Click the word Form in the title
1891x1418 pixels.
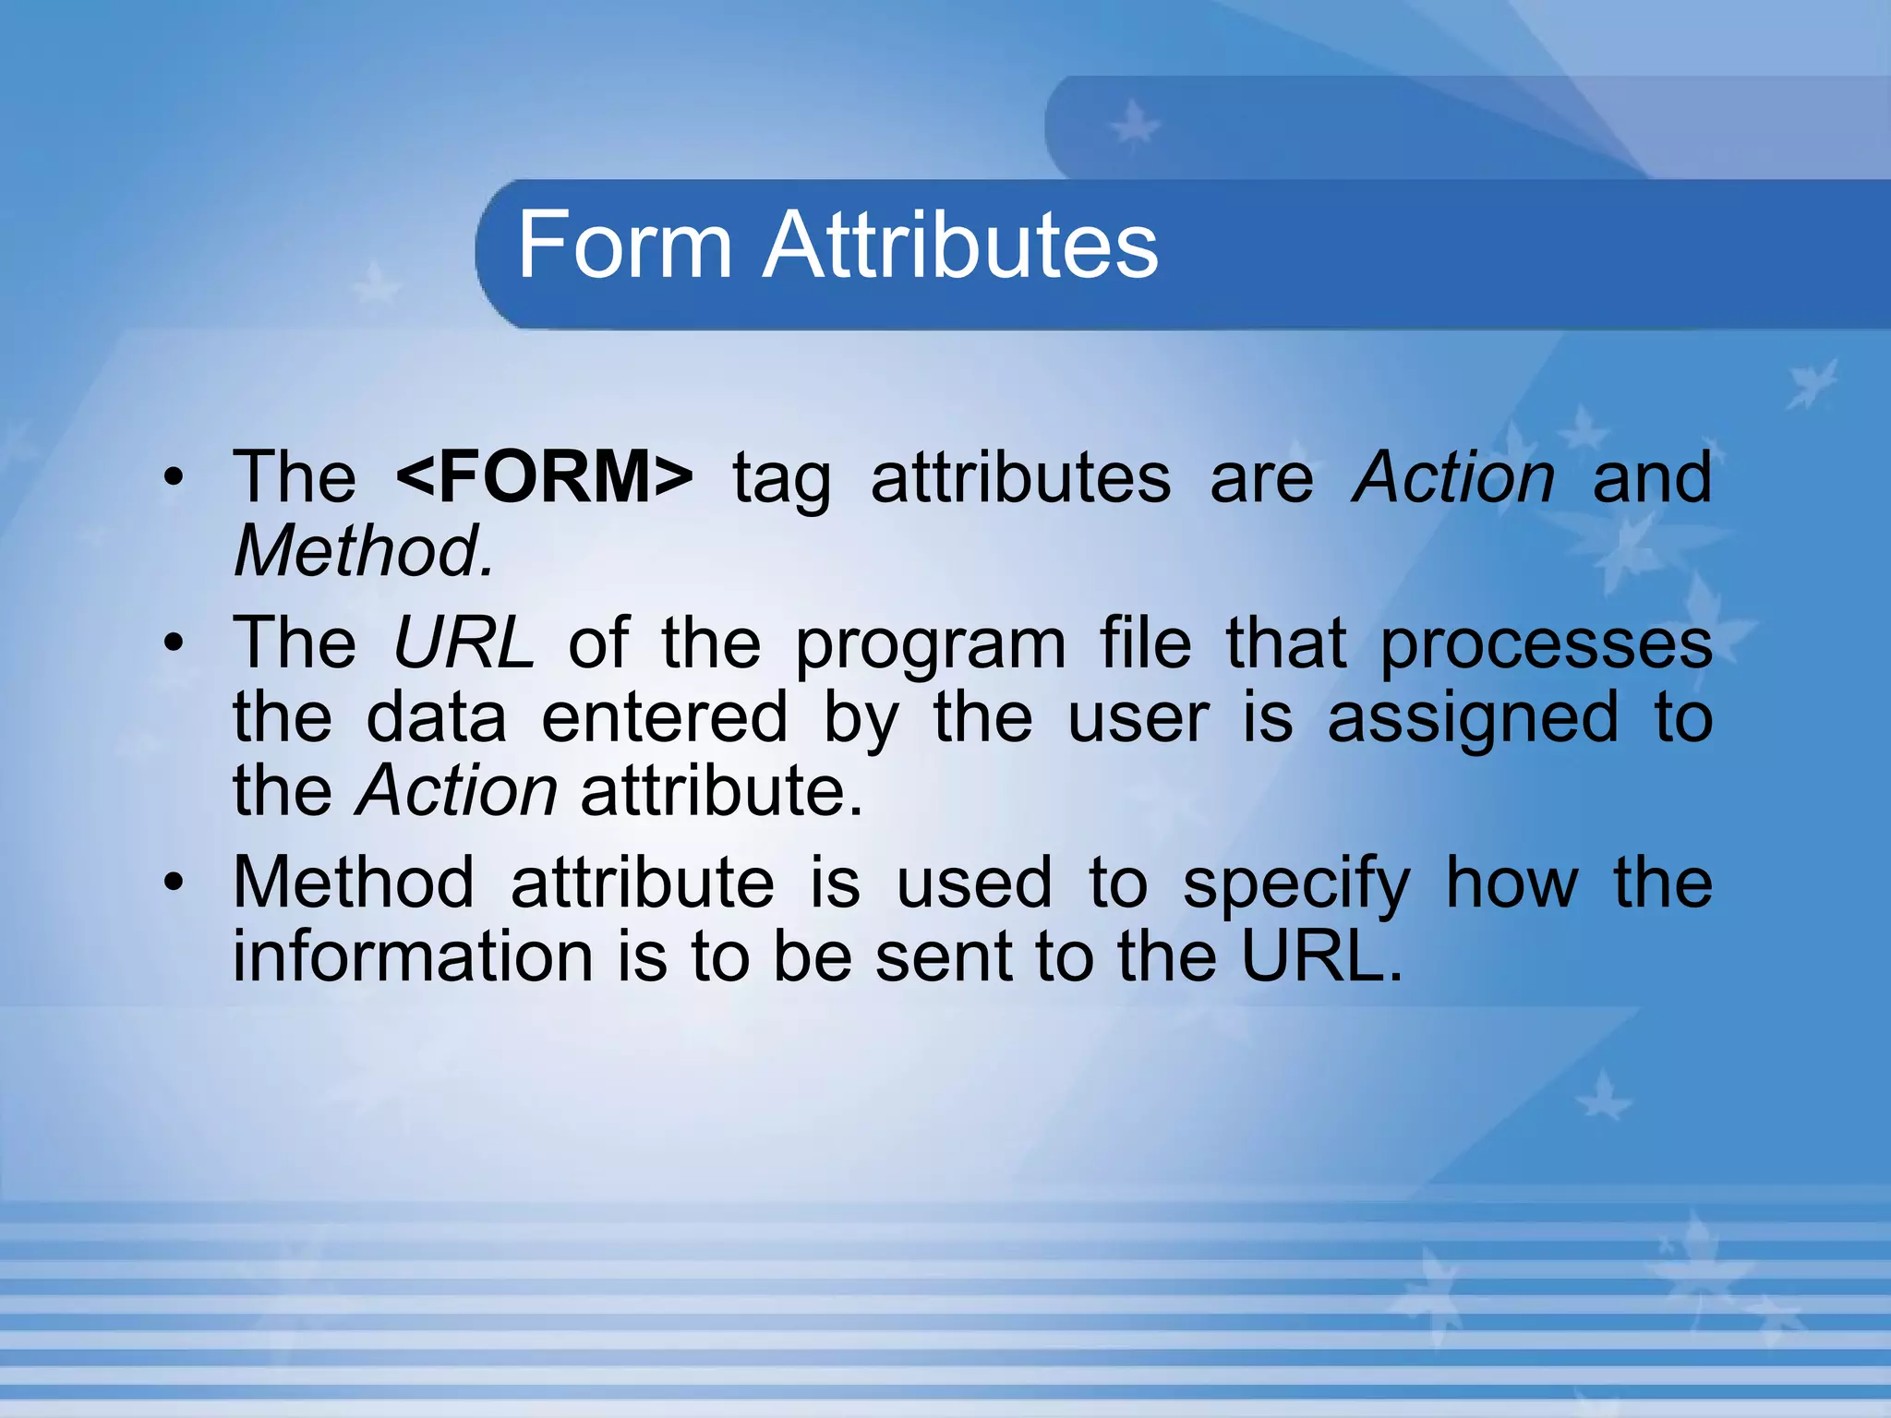tap(624, 245)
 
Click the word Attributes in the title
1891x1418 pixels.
tap(960, 245)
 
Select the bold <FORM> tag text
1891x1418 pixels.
tap(544, 477)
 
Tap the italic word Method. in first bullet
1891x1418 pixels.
tap(364, 551)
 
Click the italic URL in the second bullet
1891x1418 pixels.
tap(463, 643)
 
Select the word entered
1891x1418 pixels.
tap(664, 717)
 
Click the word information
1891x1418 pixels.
tap(413, 956)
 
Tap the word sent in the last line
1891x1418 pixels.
tap(943, 957)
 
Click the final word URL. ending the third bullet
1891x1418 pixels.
tap(1321, 956)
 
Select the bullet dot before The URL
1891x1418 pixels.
tap(174, 643)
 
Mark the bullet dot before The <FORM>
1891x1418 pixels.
tap(174, 478)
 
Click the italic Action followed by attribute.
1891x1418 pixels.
tap(456, 791)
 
